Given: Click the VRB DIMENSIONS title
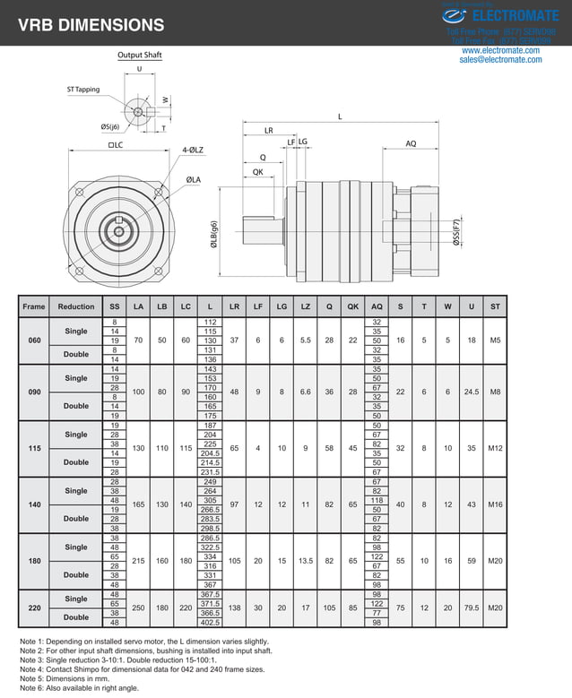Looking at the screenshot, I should click(x=91, y=26).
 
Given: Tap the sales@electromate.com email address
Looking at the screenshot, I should click(x=499, y=60).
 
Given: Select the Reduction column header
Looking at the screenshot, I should click(x=76, y=306).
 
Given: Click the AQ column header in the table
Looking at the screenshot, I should click(x=377, y=306).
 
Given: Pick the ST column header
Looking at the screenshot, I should click(x=495, y=306).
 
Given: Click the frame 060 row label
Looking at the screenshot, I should click(x=34, y=340).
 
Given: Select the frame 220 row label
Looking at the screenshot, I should click(x=34, y=608).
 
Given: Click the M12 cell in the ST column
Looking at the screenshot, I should click(x=495, y=448).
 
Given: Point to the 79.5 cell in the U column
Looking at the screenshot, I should click(x=472, y=608).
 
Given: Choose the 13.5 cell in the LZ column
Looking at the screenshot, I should click(x=306, y=561).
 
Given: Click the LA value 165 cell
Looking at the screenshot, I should click(x=138, y=504).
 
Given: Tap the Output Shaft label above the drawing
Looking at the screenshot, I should click(x=140, y=56).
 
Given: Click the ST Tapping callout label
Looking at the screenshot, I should click(x=83, y=90).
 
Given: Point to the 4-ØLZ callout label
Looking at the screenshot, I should click(x=193, y=150).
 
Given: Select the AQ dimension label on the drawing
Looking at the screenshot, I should click(x=411, y=143).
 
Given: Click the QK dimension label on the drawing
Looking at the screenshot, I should click(x=257, y=171).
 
